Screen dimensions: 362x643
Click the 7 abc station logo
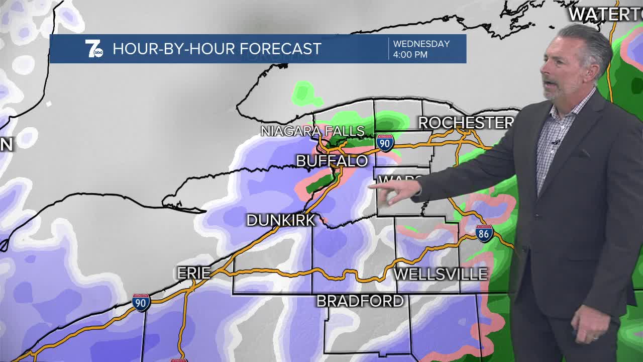coord(94,49)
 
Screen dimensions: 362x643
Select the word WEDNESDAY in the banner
coord(421,44)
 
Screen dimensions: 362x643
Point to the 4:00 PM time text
coord(410,54)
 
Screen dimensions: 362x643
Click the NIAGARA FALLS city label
coord(312,131)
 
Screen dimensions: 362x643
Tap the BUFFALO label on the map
coord(332,161)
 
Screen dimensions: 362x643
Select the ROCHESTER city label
coord(465,123)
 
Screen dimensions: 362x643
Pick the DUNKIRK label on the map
coord(280,220)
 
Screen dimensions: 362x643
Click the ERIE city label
coord(193,273)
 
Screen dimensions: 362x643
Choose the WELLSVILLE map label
coord(441,274)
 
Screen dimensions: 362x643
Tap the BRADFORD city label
coord(360,301)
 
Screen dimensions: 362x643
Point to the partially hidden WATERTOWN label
coord(605,15)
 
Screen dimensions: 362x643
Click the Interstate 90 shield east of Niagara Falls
coord(385,143)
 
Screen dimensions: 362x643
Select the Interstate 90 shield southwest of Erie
coord(141,302)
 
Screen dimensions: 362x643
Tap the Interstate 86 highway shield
coord(484,233)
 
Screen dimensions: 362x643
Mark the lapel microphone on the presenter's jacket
coord(555,143)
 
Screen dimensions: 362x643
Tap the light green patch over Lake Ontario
coord(303,93)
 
